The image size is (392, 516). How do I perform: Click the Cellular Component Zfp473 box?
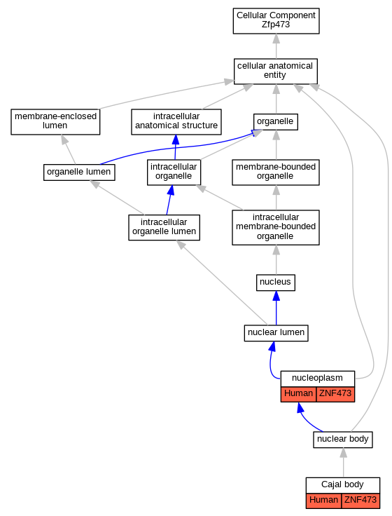coord(276,21)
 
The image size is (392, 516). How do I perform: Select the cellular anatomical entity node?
coord(276,72)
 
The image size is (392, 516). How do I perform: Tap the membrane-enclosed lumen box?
coord(55,122)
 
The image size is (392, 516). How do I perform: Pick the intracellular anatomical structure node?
coord(176,122)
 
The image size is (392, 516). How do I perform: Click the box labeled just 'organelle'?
coord(276,122)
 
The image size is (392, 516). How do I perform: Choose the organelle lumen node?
coord(79,172)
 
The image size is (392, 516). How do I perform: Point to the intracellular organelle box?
coord(174,172)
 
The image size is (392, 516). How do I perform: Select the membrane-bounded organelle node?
coord(276,172)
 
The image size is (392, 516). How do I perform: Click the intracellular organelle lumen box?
coord(164,227)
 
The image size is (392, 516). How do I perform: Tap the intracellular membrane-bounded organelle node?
coord(276,227)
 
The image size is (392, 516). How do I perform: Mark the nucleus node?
coord(276,283)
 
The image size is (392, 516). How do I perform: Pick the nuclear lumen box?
coord(276,333)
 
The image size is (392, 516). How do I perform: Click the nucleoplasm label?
coord(317,378)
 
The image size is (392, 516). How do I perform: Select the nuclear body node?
coord(343,440)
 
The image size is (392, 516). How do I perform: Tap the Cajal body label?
coord(343,484)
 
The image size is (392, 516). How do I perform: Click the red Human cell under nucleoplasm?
coord(299,394)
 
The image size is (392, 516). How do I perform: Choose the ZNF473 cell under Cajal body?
coord(360,501)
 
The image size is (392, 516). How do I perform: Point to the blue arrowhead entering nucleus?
coord(276,296)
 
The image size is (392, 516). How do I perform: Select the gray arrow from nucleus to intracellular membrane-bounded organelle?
coord(276,260)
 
